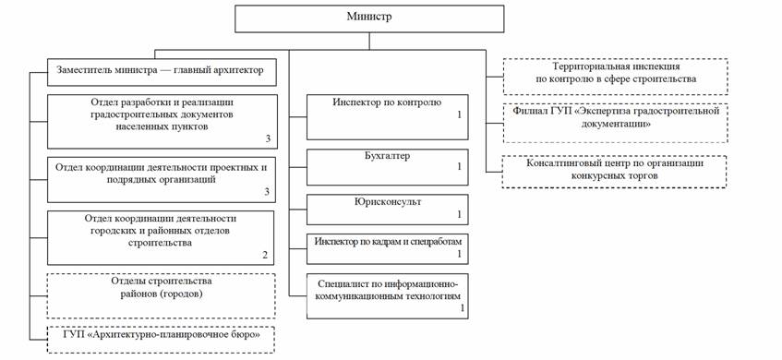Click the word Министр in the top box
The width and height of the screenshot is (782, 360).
point(369,16)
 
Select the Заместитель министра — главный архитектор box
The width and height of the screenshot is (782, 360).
point(162,72)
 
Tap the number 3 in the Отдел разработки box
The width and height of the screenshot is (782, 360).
point(268,138)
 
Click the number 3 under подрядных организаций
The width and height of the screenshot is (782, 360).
point(267,192)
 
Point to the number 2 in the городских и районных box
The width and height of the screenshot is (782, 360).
point(265,256)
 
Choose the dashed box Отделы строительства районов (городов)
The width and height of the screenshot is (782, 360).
point(161,295)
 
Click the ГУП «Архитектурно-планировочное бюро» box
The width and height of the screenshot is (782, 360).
point(161,340)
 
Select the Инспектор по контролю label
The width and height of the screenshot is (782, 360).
point(387,102)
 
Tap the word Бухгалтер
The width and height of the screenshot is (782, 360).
point(387,156)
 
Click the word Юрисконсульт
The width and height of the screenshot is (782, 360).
point(387,202)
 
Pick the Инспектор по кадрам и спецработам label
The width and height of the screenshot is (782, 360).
point(388,241)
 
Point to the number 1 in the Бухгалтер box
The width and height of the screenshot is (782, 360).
point(460,166)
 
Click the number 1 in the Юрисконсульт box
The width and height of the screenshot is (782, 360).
point(460,214)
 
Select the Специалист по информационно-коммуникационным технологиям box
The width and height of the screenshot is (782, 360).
point(388,296)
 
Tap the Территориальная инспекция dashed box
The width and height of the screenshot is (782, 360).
point(616,77)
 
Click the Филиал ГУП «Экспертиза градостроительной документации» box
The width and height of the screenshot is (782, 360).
point(616,123)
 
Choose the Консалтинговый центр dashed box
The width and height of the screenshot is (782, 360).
point(614,172)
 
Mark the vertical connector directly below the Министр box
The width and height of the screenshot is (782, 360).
point(369,42)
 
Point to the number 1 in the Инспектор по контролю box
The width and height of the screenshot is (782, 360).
point(460,115)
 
